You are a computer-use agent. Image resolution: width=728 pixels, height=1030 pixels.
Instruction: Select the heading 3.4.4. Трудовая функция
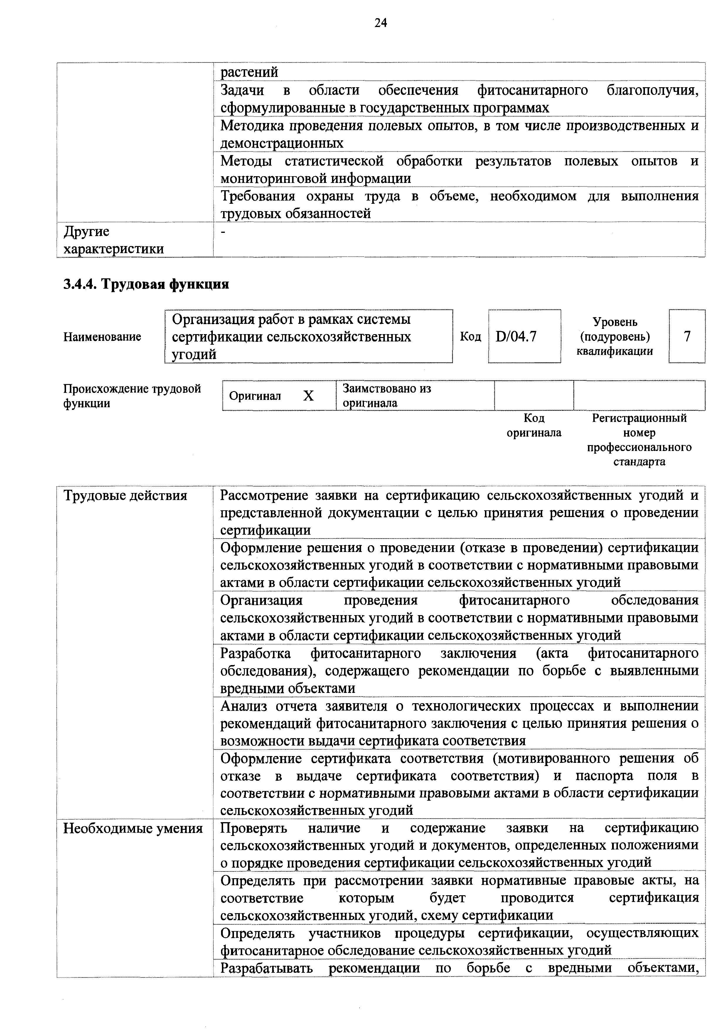coord(146,284)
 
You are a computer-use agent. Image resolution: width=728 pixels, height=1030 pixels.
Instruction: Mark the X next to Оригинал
coord(308,396)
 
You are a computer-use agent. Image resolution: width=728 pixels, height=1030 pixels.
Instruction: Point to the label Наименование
coord(102,336)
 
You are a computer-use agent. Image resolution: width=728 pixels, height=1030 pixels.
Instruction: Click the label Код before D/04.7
coord(471,336)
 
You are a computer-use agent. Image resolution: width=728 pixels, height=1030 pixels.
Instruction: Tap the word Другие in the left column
coord(87,231)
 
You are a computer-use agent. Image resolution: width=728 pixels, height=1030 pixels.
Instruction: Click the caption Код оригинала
coord(534,425)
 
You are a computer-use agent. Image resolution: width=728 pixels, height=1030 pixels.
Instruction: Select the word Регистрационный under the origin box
coord(639,418)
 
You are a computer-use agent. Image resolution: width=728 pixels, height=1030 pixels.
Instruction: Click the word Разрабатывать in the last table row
coord(267,968)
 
